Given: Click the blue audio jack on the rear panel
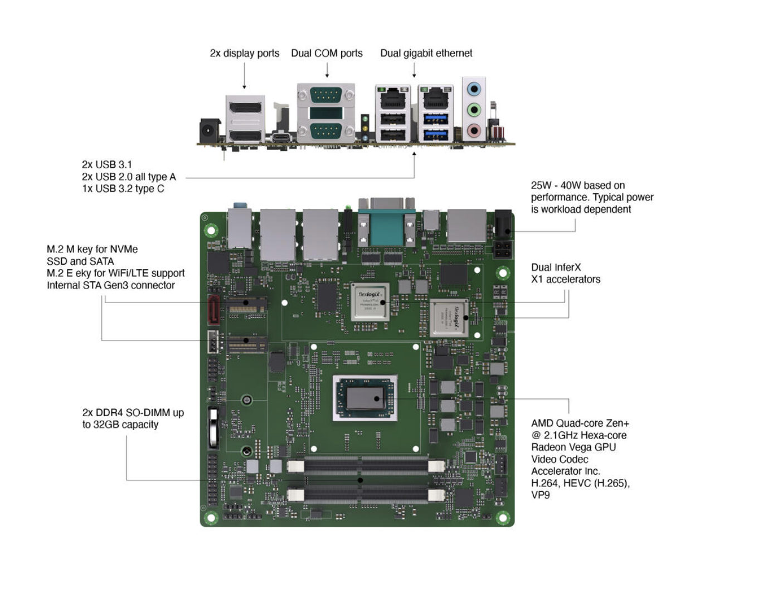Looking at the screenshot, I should pyautogui.click(x=474, y=89).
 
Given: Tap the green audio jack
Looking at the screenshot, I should pyautogui.click(x=474, y=110).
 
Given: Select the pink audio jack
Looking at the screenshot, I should pyautogui.click(x=474, y=131).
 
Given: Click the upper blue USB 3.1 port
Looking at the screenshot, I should pyautogui.click(x=436, y=119).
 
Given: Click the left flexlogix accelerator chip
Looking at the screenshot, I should pyautogui.click(x=370, y=301).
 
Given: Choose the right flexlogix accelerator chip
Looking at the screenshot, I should pyautogui.click(x=449, y=318).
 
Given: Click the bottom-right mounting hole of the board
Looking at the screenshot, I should pyautogui.click(x=502, y=517).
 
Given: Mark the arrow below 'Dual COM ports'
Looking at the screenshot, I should pyautogui.click(x=327, y=70).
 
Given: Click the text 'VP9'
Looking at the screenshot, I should pyautogui.click(x=540, y=495).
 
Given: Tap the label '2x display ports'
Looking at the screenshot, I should pyautogui.click(x=245, y=53).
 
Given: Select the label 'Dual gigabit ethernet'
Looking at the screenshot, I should pyautogui.click(x=426, y=53).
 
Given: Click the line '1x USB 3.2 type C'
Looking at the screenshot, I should pyautogui.click(x=123, y=188).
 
